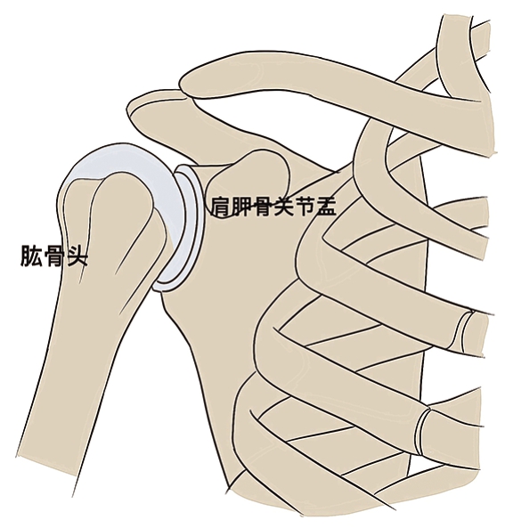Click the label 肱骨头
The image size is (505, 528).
click(x=54, y=256)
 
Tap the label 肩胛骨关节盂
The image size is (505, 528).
click(x=273, y=206)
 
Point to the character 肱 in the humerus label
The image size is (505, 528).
click(x=31, y=256)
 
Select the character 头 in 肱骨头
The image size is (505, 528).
click(x=77, y=256)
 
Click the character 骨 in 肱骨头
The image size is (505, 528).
click(x=54, y=256)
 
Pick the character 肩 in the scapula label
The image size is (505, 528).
click(x=221, y=206)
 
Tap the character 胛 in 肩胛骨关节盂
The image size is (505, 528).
click(x=241, y=206)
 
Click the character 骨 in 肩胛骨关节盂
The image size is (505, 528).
click(x=263, y=206)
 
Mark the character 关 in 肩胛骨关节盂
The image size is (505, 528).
click(x=283, y=206)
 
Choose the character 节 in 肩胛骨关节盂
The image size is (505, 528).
click(x=305, y=206)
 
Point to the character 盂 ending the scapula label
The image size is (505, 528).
click(x=326, y=206)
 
